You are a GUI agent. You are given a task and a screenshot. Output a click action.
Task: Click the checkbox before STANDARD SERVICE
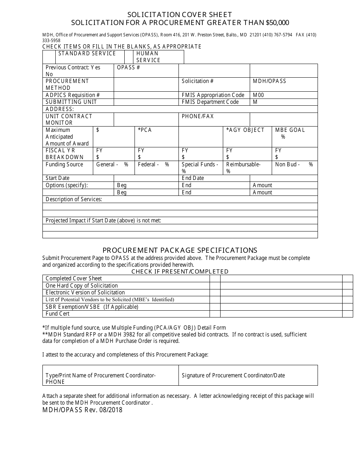click(49, 57)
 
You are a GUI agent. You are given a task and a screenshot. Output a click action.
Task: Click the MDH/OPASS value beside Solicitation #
click(269, 81)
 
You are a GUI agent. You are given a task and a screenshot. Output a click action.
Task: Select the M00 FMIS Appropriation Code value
click(258, 95)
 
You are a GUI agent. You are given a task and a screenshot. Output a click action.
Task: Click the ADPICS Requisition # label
click(73, 95)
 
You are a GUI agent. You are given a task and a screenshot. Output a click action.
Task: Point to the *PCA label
click(145, 130)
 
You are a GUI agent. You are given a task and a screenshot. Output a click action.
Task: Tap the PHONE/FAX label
click(197, 116)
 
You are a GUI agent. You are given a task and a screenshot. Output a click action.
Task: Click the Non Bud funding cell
click(294, 164)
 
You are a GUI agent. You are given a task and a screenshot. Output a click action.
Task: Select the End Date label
click(193, 178)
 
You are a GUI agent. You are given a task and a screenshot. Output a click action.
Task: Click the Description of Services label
click(74, 199)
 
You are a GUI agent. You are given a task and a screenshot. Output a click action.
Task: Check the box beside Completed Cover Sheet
click(215, 278)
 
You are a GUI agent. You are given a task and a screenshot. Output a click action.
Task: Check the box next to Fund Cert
click(215, 314)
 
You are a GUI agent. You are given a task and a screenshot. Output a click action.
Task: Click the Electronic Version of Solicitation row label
click(85, 292)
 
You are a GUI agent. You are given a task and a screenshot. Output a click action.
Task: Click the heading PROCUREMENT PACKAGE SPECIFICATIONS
click(180, 250)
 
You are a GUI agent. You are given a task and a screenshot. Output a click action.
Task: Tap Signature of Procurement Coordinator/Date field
click(233, 375)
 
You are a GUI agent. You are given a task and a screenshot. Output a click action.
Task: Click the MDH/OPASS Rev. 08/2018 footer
click(83, 410)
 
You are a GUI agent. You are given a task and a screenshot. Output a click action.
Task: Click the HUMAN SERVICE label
click(148, 57)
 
